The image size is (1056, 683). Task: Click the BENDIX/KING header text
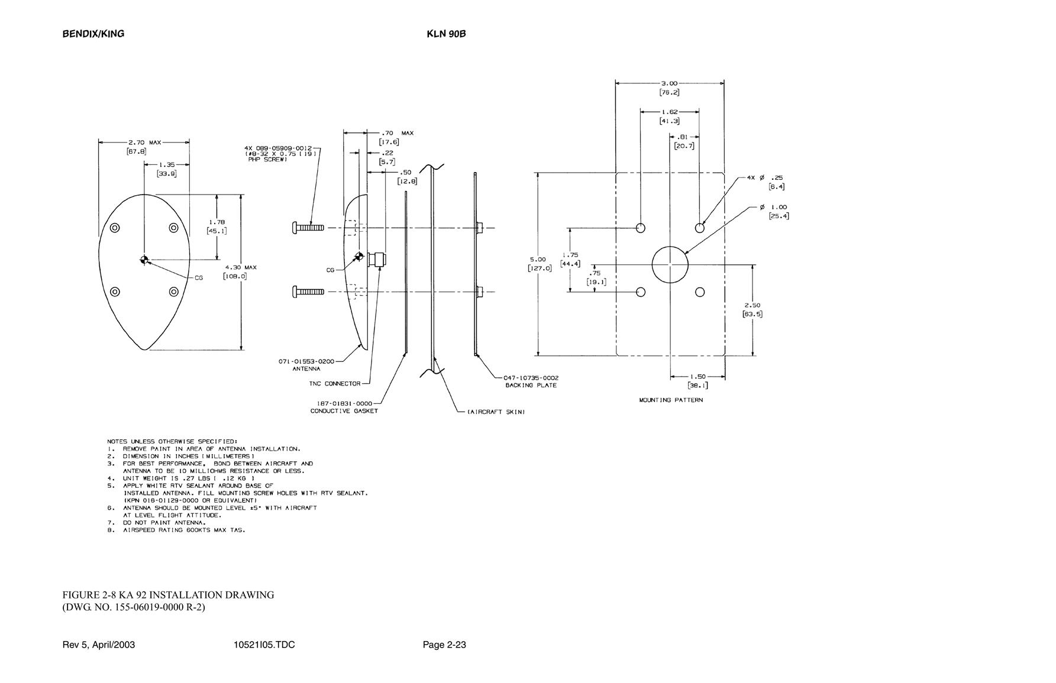[x=93, y=34]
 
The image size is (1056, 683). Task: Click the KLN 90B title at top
[x=446, y=34]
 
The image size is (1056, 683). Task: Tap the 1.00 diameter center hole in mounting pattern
[x=670, y=264]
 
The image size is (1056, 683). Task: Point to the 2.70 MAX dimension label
[x=144, y=143]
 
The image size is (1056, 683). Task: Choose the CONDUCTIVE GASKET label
[x=344, y=411]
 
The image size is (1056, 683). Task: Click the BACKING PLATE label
[x=531, y=386]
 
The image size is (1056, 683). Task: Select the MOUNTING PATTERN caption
[x=671, y=400]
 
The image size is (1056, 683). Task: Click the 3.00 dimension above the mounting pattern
[x=669, y=83]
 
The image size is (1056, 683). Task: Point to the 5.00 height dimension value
[x=538, y=259]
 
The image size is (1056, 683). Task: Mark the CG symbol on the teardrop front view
[x=144, y=260]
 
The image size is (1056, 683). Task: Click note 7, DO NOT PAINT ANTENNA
[x=157, y=523]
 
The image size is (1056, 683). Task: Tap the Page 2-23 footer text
[x=444, y=645]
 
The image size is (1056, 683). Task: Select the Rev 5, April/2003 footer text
[x=99, y=645]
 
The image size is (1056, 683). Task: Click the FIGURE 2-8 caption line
[x=169, y=595]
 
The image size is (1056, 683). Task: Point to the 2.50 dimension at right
[x=753, y=306]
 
